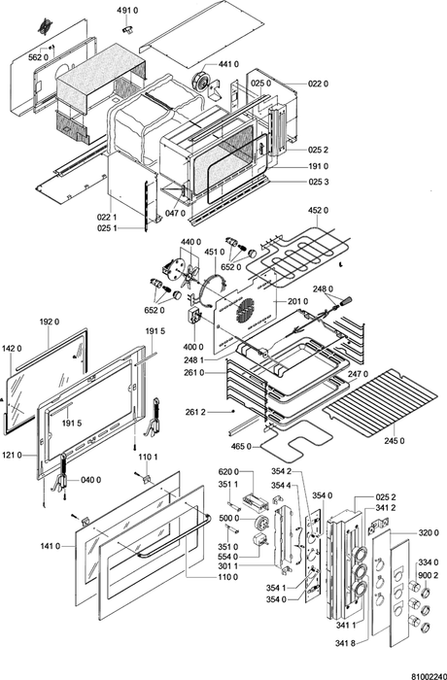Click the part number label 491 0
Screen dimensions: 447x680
127,11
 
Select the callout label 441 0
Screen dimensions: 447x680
228,65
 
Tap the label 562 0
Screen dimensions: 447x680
39,57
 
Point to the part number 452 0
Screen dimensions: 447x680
318,211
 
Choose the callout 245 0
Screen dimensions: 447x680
395,441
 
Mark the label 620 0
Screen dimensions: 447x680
228,472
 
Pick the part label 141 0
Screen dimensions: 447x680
51,546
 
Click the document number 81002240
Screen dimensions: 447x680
429,676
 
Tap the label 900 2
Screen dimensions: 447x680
428,575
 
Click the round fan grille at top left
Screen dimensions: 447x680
44,27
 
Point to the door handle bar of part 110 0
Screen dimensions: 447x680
174,535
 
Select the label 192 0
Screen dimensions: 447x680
49,322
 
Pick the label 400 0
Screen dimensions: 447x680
193,347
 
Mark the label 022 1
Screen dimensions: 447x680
106,217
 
